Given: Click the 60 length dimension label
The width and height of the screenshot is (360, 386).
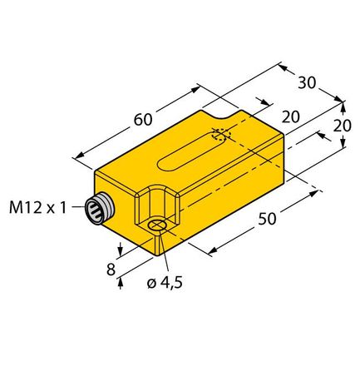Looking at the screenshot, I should (141, 121).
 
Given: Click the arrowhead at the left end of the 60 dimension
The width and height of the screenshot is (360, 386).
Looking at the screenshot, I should (78, 155).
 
